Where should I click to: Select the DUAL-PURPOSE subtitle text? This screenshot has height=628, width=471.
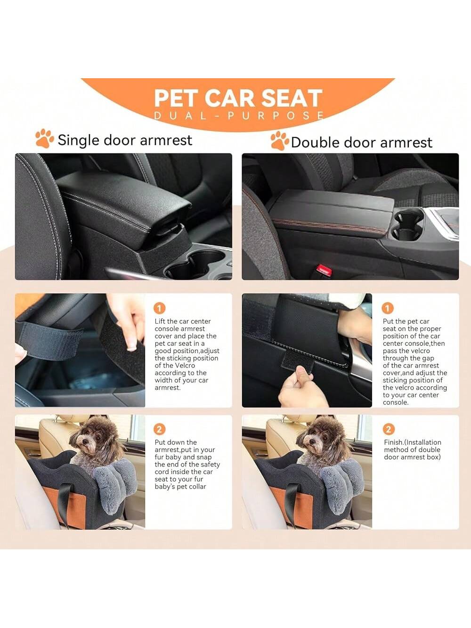tap(239, 115)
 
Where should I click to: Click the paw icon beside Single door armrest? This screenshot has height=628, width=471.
tap(44, 138)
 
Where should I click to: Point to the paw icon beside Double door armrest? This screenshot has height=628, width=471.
tap(280, 140)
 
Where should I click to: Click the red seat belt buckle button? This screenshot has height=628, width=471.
tap(324, 270)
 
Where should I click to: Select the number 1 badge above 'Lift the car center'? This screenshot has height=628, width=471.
tap(159, 309)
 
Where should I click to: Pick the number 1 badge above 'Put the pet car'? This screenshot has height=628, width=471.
tap(388, 308)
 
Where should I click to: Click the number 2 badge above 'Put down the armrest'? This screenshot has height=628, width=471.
tap(159, 429)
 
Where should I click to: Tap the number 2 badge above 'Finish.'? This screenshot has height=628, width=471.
tap(389, 429)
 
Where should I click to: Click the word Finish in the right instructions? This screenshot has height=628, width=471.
tap(393, 442)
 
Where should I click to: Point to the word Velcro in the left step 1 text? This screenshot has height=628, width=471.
tap(185, 366)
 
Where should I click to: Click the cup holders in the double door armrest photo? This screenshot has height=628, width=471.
tap(407, 225)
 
